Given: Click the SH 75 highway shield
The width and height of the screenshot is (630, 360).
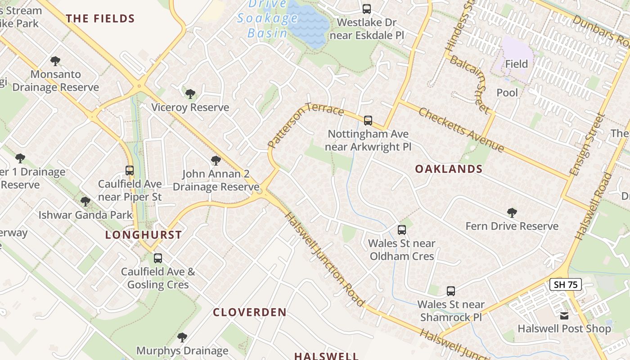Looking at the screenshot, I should pyautogui.click(x=566, y=284).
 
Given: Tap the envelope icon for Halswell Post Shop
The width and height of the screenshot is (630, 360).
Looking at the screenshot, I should pyautogui.click(x=564, y=315).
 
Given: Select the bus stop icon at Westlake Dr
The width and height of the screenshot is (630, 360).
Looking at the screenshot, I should pyautogui.click(x=367, y=9).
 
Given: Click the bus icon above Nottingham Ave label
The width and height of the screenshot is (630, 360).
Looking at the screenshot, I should pyautogui.click(x=368, y=120).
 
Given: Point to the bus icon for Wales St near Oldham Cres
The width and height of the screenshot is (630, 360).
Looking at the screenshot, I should pyautogui.click(x=402, y=230).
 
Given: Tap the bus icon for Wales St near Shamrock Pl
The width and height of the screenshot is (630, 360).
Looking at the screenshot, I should pyautogui.click(x=451, y=291).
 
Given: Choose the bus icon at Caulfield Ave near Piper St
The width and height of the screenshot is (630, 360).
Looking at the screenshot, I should pyautogui.click(x=130, y=171).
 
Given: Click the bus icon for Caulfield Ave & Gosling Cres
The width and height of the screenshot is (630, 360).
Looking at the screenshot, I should pyautogui.click(x=158, y=258).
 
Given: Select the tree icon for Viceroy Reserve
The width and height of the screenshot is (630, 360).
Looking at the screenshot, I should pyautogui.click(x=190, y=94).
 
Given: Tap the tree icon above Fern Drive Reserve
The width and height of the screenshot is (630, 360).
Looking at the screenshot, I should pyautogui.click(x=512, y=213).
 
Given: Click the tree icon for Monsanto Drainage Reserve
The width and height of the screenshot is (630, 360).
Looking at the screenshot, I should pyautogui.click(x=55, y=61).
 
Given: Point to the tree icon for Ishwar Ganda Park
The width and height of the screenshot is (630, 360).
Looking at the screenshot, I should pyautogui.click(x=85, y=202).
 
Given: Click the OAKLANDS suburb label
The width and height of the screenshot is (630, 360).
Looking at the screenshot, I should pyautogui.click(x=449, y=169).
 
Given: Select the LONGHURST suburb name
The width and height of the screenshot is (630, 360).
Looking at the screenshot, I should pyautogui.click(x=144, y=235).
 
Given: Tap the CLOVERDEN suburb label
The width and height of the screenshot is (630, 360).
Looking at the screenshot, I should pyautogui.click(x=250, y=312).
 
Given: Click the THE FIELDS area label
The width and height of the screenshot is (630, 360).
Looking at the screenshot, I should pyautogui.click(x=100, y=19).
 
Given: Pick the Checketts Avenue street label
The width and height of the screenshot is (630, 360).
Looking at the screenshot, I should pyautogui.click(x=462, y=130).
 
